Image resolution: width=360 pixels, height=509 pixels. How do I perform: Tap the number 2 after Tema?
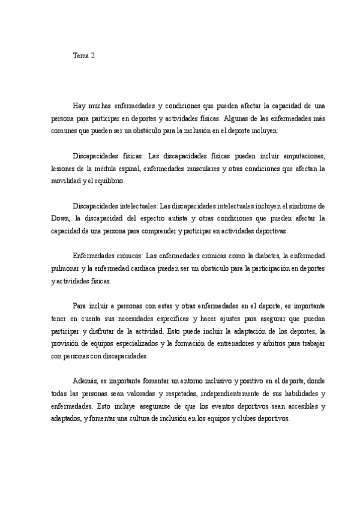click(92, 56)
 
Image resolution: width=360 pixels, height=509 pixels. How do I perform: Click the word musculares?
click(194, 169)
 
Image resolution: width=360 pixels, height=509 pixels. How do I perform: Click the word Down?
click(61, 219)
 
